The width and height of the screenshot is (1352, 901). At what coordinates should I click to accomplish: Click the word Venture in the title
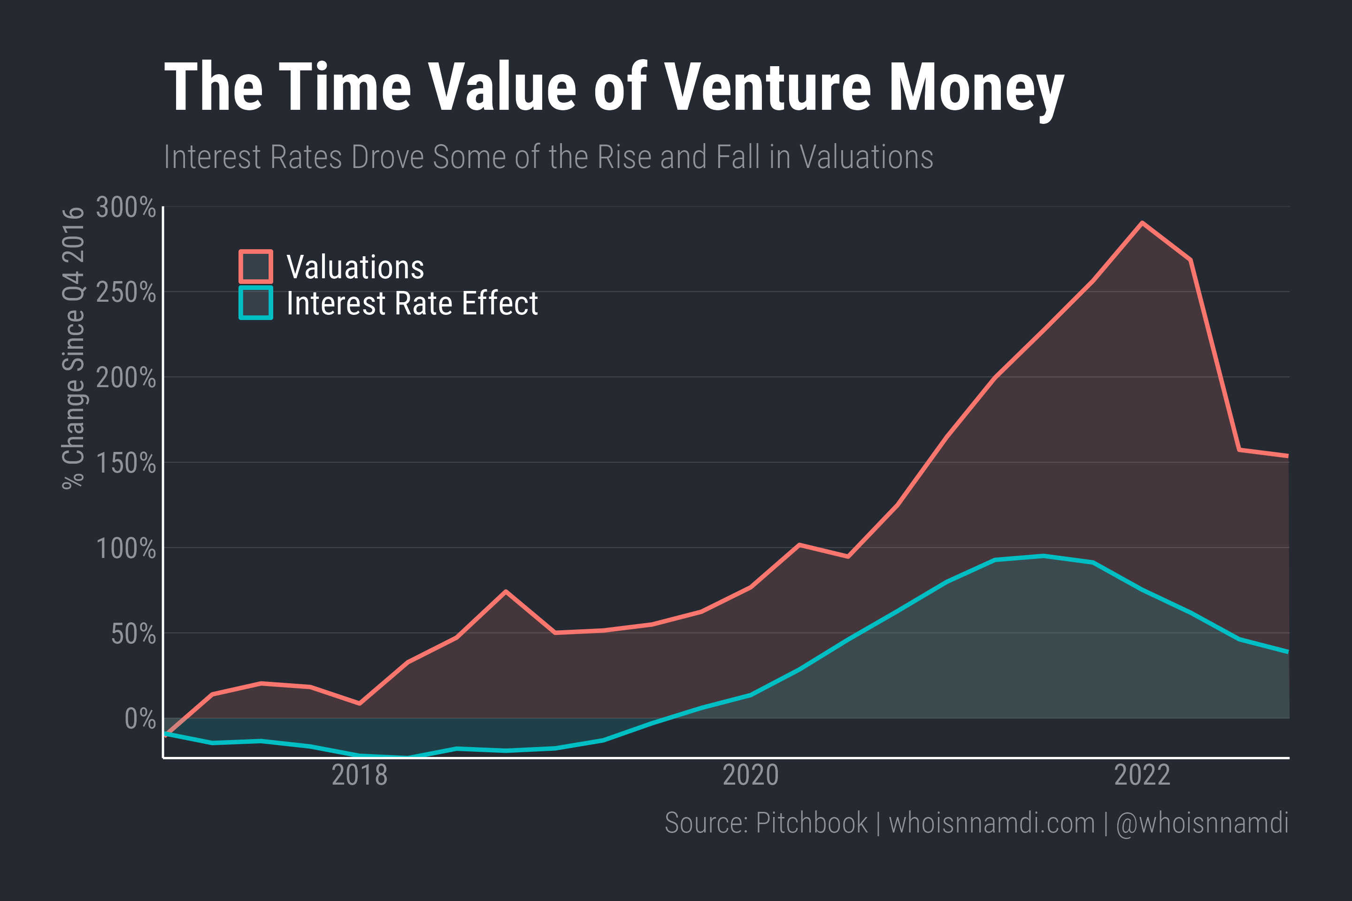point(768,87)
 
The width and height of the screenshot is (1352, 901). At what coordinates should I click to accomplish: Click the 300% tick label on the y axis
point(126,207)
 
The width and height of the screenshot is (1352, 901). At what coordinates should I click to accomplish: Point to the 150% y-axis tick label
point(126,463)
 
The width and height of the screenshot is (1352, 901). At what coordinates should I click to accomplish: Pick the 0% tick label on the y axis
point(140,719)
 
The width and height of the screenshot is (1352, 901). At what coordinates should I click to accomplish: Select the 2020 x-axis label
point(750,775)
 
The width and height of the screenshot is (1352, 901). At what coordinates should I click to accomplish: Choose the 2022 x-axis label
point(1142,775)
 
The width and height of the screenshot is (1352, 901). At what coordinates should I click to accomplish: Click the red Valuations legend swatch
point(256,267)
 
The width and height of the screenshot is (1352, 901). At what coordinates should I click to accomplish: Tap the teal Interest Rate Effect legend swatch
point(256,303)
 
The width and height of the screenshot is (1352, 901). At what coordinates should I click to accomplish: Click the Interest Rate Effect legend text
point(412,304)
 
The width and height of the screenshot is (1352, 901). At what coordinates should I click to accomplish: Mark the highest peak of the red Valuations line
point(1142,223)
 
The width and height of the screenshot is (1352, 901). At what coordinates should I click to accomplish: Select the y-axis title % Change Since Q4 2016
point(74,348)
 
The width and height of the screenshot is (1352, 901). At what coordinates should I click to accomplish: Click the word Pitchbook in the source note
point(811,823)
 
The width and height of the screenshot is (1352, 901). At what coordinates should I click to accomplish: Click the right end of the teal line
point(1287,652)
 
